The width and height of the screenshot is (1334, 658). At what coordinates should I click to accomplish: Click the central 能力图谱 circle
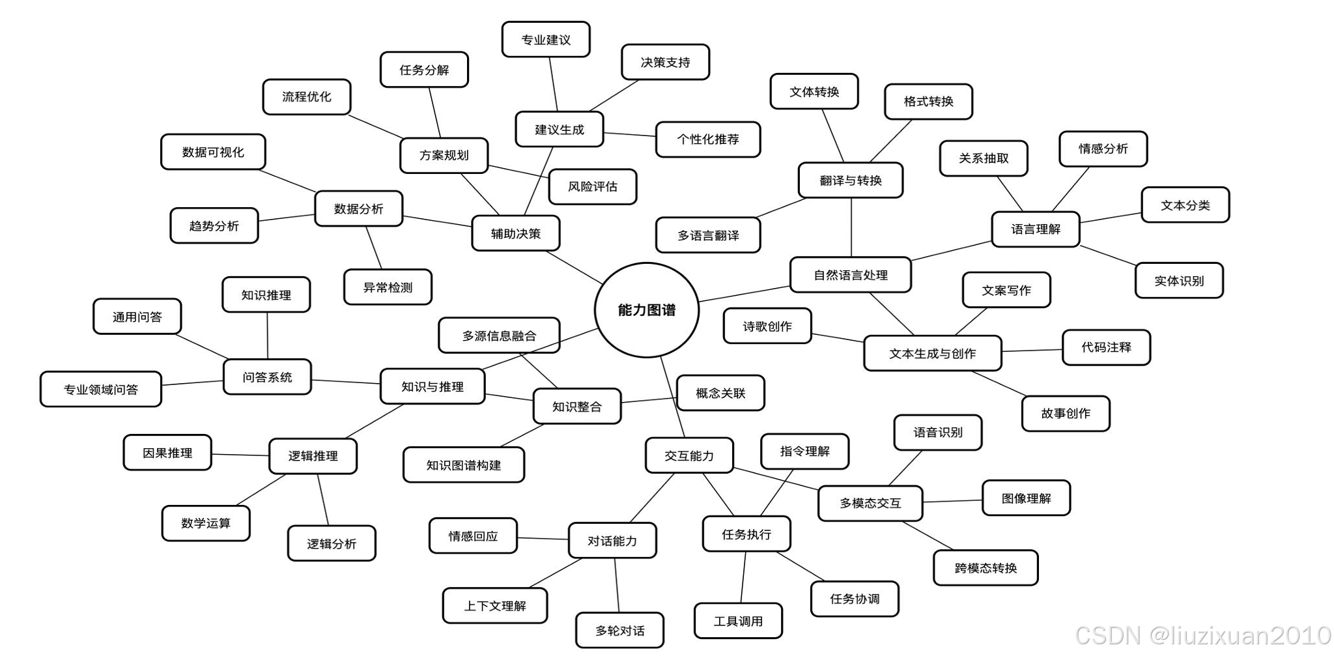pos(646,310)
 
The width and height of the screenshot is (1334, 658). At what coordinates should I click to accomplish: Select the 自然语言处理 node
pos(850,275)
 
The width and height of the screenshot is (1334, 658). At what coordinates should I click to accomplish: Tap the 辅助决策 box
pos(515,233)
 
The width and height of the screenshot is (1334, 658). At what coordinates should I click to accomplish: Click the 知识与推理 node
pos(432,386)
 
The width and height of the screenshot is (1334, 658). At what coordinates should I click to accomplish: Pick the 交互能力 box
pos(688,455)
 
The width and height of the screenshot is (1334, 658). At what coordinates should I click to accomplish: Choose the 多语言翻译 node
pos(707,235)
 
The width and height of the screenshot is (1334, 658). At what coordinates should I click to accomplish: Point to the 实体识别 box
pos(1178,281)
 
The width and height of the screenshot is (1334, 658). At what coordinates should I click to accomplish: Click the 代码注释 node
pos(1105,347)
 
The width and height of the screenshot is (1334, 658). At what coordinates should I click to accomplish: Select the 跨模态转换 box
pos(985,567)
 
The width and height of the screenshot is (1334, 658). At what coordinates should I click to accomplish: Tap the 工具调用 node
pos(737,621)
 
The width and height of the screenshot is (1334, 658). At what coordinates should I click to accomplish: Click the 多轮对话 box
pos(619,630)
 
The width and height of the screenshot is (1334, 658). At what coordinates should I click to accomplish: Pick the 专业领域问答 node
pos(100,390)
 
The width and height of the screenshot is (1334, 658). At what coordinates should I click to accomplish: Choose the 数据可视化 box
pos(212,152)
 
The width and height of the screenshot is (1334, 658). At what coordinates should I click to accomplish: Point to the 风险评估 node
pos(591,186)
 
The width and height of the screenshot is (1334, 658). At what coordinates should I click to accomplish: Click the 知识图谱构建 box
pos(463,465)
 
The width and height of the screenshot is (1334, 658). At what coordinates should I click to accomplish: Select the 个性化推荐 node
pos(707,139)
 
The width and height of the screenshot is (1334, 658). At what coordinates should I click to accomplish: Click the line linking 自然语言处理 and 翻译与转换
pos(851,227)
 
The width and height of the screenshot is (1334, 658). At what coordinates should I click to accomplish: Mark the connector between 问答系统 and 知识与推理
pos(345,382)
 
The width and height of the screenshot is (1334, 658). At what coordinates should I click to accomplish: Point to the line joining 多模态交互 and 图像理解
pos(952,501)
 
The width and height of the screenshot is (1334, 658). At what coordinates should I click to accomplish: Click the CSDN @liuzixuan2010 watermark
pos(1202,635)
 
